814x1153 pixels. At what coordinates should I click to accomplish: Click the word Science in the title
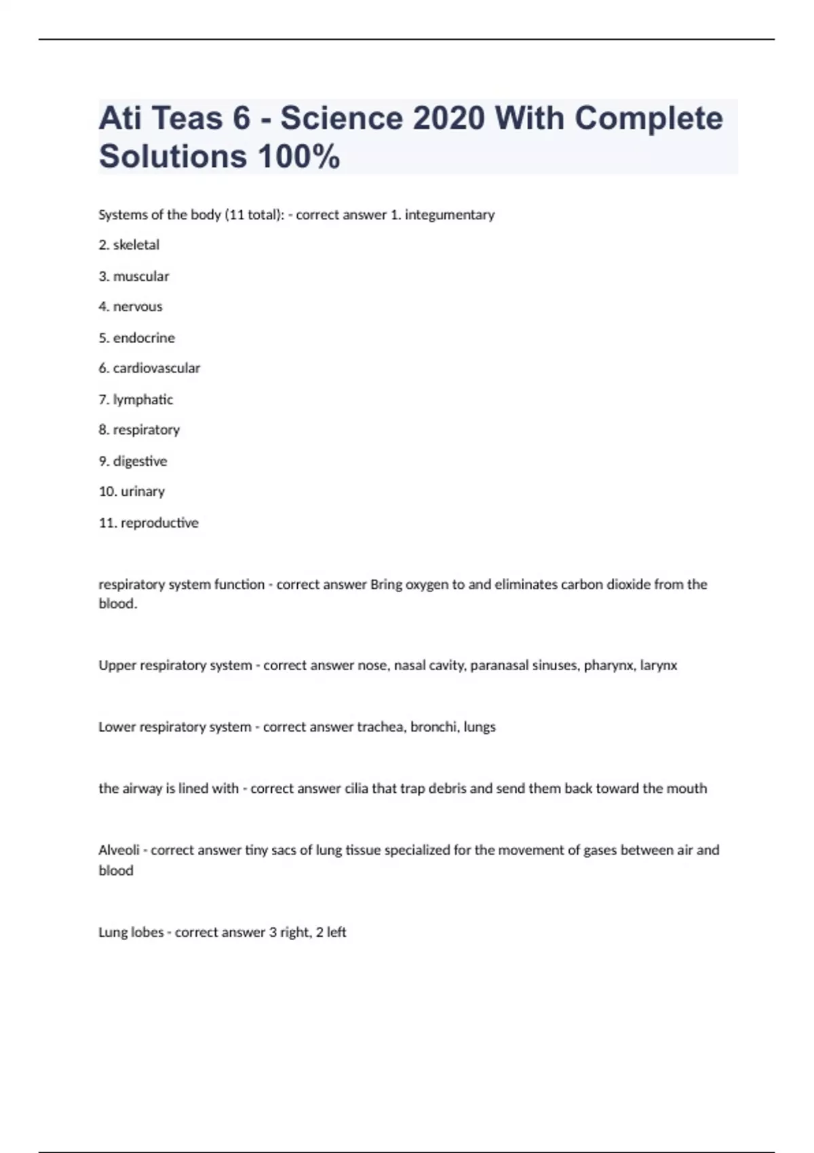pos(341,119)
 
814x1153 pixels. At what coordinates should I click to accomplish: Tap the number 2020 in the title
pos(448,119)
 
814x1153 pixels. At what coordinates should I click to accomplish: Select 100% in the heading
pos(298,157)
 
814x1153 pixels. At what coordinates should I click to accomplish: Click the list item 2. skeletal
pos(129,245)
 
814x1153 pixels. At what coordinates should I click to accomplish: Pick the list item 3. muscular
pos(134,276)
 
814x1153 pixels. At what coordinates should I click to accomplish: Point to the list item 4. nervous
pos(130,307)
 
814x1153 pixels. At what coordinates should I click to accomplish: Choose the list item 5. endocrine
pos(136,338)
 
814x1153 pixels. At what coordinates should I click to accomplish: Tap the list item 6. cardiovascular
pos(149,368)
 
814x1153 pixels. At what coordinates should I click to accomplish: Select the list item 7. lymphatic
pos(136,399)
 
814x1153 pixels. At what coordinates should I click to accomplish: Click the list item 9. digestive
pos(133,461)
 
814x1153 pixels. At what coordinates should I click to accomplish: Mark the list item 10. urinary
pos(132,492)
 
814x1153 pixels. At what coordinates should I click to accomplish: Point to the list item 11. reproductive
pos(149,523)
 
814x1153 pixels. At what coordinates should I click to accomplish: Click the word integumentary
pos(450,215)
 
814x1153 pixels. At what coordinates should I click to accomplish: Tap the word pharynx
pos(608,665)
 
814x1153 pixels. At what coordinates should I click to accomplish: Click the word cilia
pos(356,789)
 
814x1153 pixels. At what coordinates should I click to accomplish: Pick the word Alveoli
pos(119,851)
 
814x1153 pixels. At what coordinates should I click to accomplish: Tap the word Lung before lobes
pos(112,933)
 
